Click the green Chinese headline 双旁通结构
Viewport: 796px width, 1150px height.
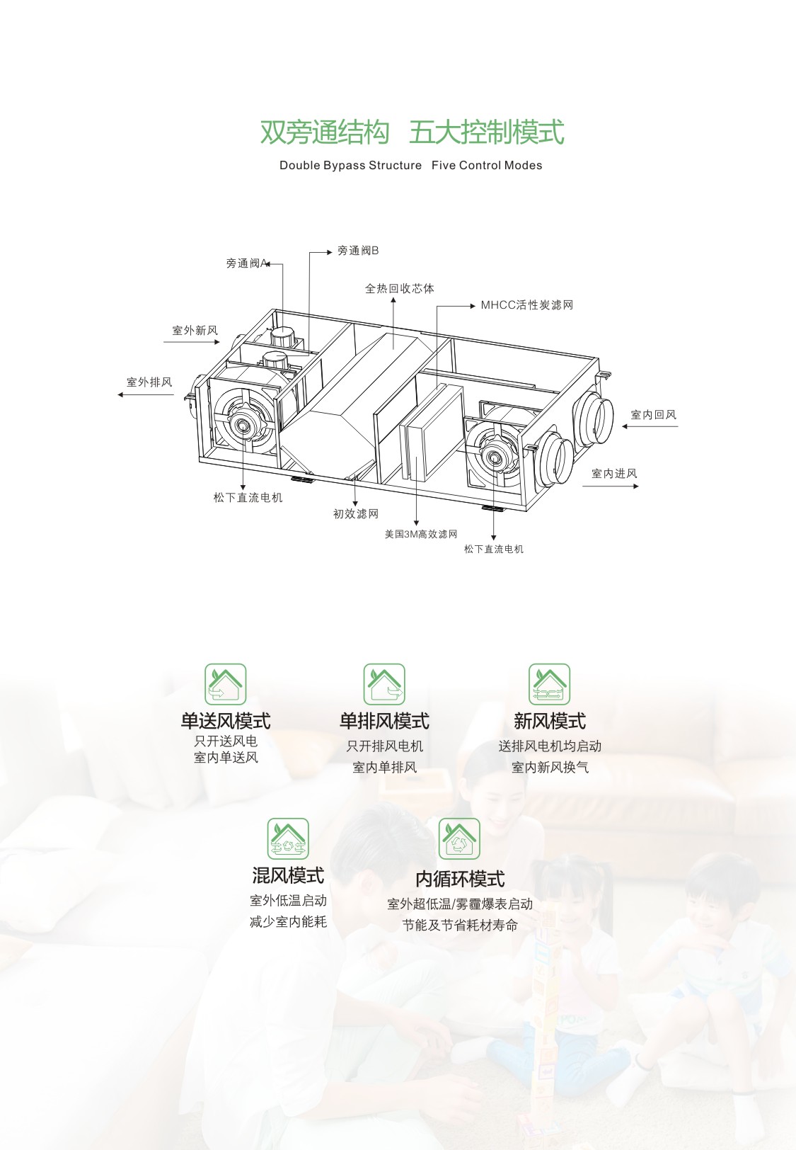(x=325, y=132)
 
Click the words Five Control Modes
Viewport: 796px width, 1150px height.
(x=487, y=165)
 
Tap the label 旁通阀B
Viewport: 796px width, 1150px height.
(x=358, y=251)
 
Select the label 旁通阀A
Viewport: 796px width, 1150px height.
(x=247, y=263)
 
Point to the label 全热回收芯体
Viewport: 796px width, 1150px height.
(x=400, y=288)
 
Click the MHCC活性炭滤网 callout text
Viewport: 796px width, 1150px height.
(x=526, y=305)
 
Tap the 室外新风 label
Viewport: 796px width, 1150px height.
(x=195, y=330)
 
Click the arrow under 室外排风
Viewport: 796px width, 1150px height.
(x=146, y=395)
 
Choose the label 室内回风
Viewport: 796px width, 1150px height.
(x=653, y=415)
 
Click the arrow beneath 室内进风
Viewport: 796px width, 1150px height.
(x=611, y=486)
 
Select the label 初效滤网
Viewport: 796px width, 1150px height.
(x=355, y=514)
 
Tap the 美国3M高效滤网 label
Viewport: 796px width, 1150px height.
(x=421, y=535)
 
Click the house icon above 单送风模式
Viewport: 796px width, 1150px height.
(x=226, y=684)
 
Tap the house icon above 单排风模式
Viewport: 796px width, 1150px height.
(x=384, y=684)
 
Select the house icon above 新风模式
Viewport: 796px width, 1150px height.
(x=549, y=684)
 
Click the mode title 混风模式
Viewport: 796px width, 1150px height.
(x=288, y=876)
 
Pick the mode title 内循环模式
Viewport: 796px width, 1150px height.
(x=460, y=879)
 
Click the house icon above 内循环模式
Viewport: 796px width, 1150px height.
(x=459, y=839)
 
